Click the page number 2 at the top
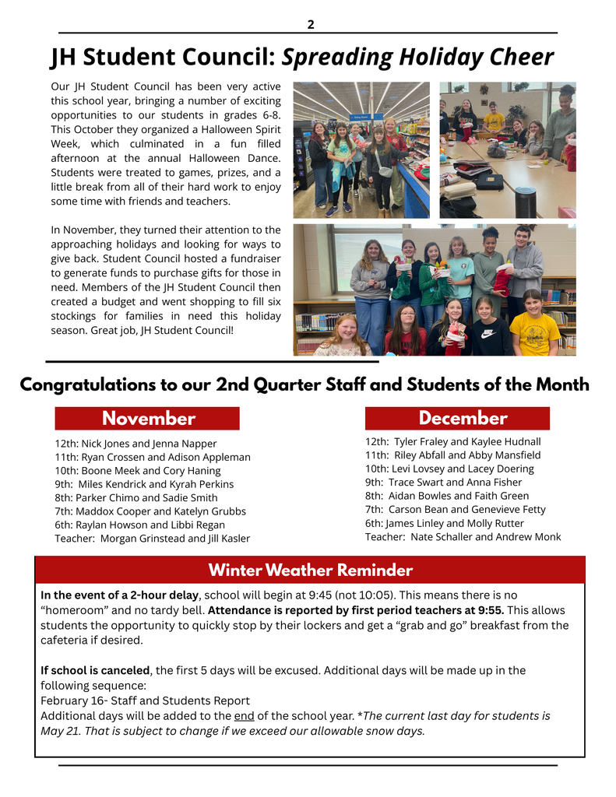(x=311, y=24)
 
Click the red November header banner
(x=147, y=419)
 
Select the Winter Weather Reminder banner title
(x=310, y=571)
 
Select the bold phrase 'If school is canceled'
(x=95, y=670)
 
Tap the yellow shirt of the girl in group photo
(x=534, y=333)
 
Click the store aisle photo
(x=361, y=149)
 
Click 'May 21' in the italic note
(x=58, y=731)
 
